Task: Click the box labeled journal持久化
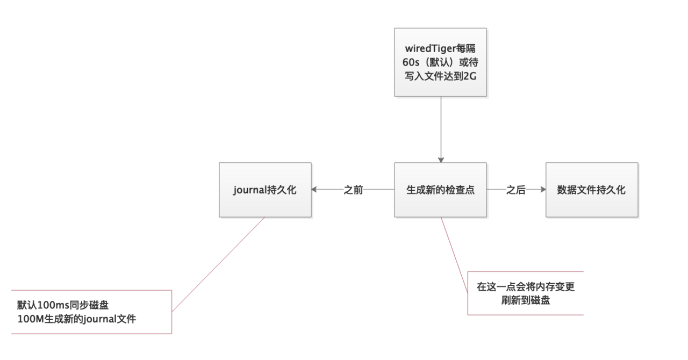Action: coord(265,190)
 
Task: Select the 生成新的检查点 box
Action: coord(440,190)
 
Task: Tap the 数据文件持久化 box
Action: coord(591,190)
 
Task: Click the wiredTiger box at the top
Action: coord(440,62)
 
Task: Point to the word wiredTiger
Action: coord(428,49)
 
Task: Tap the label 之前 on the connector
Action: coord(353,190)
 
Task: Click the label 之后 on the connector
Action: coord(515,190)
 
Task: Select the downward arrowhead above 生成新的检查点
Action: coord(440,159)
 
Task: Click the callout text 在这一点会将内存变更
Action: coord(526,287)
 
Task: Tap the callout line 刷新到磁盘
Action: coord(526,300)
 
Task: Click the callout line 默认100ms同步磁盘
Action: coord(63,306)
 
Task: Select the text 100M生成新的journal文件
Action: coord(76,319)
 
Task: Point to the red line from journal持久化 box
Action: coord(218,264)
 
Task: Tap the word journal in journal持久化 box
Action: coord(249,190)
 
